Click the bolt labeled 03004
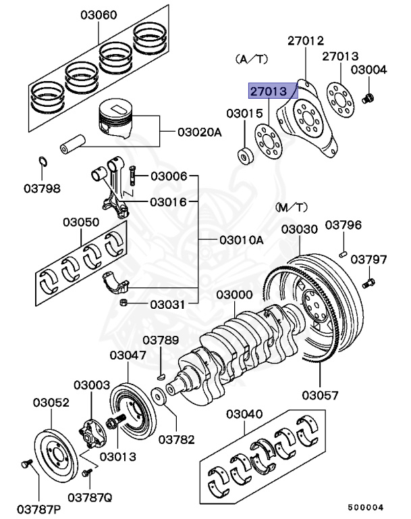[368, 99]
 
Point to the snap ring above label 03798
[42, 163]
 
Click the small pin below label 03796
[344, 254]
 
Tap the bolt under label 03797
[369, 279]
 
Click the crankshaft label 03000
[235, 295]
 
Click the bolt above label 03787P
[26, 464]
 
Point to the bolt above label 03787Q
[85, 474]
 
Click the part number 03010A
[241, 240]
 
